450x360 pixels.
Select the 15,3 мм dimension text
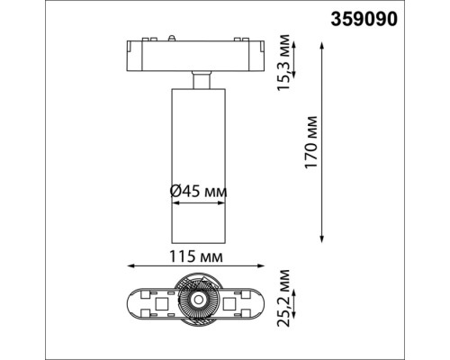pos(286,62)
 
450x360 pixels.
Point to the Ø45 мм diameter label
pos(197,191)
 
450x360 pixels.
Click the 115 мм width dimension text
pos(195,256)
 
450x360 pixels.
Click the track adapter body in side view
pos(194,57)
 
